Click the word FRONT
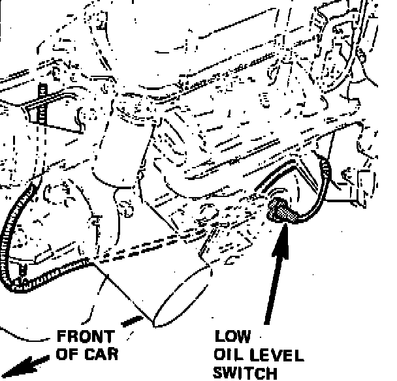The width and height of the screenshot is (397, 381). coord(86,337)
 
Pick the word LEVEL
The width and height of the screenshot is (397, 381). coord(277,356)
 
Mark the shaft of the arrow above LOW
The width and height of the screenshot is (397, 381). coord(274,281)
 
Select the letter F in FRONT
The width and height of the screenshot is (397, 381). coord(63,337)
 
